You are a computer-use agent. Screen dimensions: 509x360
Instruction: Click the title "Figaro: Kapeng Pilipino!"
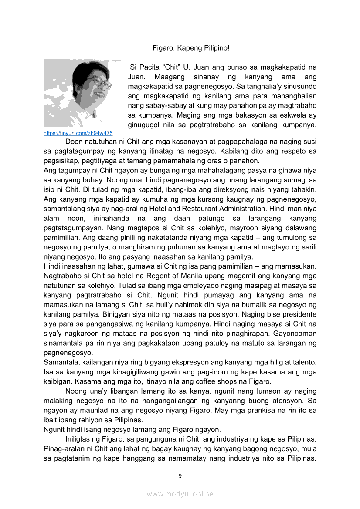click(x=190, y=47)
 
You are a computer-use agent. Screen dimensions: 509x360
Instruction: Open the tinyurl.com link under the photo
click(x=78, y=133)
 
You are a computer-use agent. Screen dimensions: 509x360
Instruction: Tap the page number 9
click(x=180, y=475)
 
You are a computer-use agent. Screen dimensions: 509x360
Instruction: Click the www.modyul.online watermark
click(x=180, y=494)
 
